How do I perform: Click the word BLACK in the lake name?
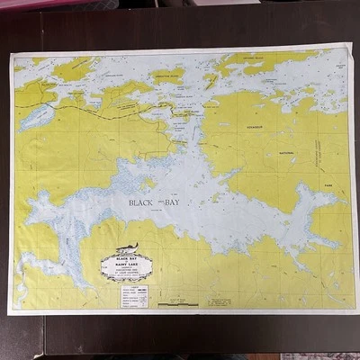coord(142,202)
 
